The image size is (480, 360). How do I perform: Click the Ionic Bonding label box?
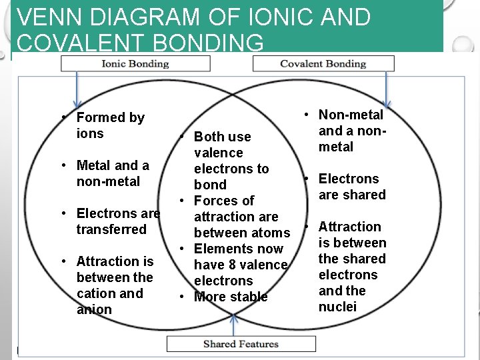pyautogui.click(x=135, y=64)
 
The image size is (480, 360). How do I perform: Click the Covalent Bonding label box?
pyautogui.click(x=323, y=64)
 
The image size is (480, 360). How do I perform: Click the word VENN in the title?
pyautogui.click(x=43, y=17)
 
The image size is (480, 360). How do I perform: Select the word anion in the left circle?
pyautogui.click(x=93, y=309)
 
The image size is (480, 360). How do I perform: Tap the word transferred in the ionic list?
pyautogui.click(x=111, y=229)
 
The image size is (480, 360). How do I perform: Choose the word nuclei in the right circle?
pyautogui.click(x=337, y=307)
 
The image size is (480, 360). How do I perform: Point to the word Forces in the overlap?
pyautogui.click(x=215, y=201)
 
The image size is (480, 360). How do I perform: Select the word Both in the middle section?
pyautogui.click(x=209, y=137)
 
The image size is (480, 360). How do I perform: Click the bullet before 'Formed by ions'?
pyautogui.click(x=63, y=117)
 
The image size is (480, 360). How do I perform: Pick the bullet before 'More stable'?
pyautogui.click(x=181, y=297)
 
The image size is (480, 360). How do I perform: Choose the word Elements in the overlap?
pyautogui.click(x=221, y=249)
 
